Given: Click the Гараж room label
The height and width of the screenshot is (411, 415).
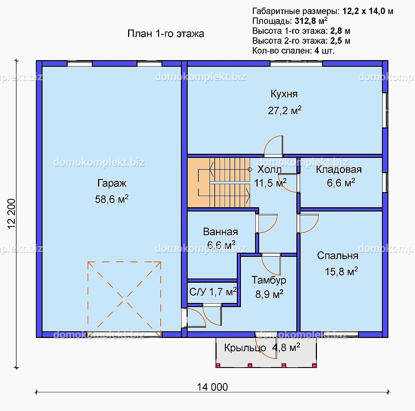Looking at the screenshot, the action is point(112,183).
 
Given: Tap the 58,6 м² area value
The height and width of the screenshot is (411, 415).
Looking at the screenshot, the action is point(112,199).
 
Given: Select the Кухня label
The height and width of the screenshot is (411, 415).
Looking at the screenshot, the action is point(284,94).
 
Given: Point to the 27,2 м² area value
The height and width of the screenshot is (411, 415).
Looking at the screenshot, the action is point(285,110).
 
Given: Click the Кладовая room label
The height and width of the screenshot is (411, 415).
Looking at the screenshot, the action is point(339,170).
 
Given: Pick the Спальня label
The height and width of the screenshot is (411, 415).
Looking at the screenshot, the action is point(338,256).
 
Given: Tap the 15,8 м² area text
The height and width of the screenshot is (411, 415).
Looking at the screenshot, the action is point(341,272).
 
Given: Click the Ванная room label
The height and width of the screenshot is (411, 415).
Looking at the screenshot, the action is point(220,232).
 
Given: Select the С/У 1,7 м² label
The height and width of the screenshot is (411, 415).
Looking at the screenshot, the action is point(213,292).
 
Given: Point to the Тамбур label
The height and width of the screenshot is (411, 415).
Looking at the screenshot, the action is point(269,280).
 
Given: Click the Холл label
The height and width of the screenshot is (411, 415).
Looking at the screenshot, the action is point(269,169).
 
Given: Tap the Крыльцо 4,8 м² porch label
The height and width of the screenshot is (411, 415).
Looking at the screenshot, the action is point(262,347).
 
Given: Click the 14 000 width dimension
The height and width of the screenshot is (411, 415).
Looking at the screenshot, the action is point(212,387).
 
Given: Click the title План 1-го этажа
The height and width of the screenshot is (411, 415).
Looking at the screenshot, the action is point(166,33).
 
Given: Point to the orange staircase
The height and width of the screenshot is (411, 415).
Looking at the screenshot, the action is point(219,183).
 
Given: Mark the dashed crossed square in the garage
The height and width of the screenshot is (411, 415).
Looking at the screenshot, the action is point(124,299).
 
